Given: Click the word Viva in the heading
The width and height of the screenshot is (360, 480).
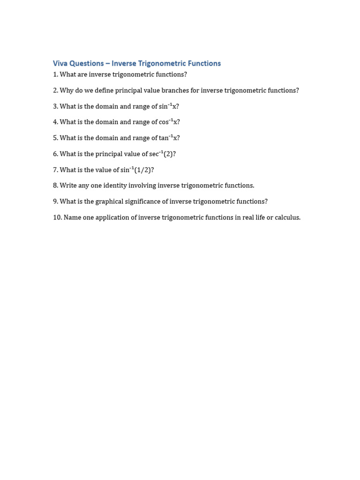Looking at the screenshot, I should (x=60, y=63).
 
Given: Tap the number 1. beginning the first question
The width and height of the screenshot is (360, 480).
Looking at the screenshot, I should (x=55, y=75).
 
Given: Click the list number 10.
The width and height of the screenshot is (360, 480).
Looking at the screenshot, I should (x=57, y=217).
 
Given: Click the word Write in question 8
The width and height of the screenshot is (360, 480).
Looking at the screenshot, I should (x=68, y=186).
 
